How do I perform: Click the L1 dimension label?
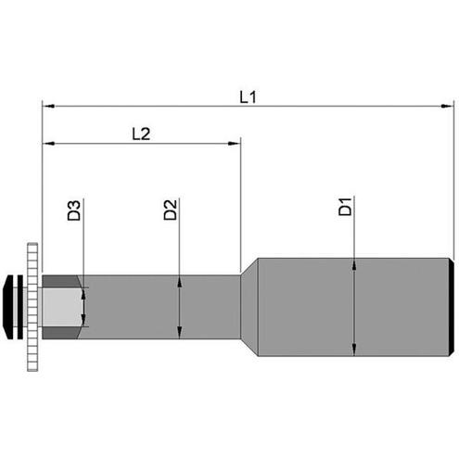[x=249, y=97]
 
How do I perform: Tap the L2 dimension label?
[x=141, y=134]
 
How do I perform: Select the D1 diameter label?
[x=345, y=207]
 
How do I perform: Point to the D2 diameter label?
[x=171, y=210]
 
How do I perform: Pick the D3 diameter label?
[x=74, y=210]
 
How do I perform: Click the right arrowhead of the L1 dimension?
[x=448, y=107]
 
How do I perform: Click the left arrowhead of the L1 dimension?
[x=48, y=107]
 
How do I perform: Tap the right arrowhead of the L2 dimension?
[x=234, y=144]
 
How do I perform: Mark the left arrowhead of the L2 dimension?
[x=48, y=144]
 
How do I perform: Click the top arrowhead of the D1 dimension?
[x=354, y=264]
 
